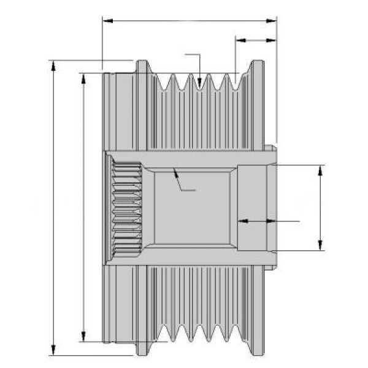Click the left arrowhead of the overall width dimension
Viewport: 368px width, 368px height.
[x=106, y=21]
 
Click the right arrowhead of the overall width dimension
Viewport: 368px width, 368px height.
[x=273, y=21]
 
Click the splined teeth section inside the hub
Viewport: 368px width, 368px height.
[x=126, y=209]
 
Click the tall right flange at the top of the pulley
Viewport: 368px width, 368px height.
[x=256, y=104]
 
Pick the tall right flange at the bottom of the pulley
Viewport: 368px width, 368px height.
[x=256, y=313]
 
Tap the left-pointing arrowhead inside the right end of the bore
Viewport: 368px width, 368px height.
[x=241, y=220]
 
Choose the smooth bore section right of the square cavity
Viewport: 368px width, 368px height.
[x=251, y=196]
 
